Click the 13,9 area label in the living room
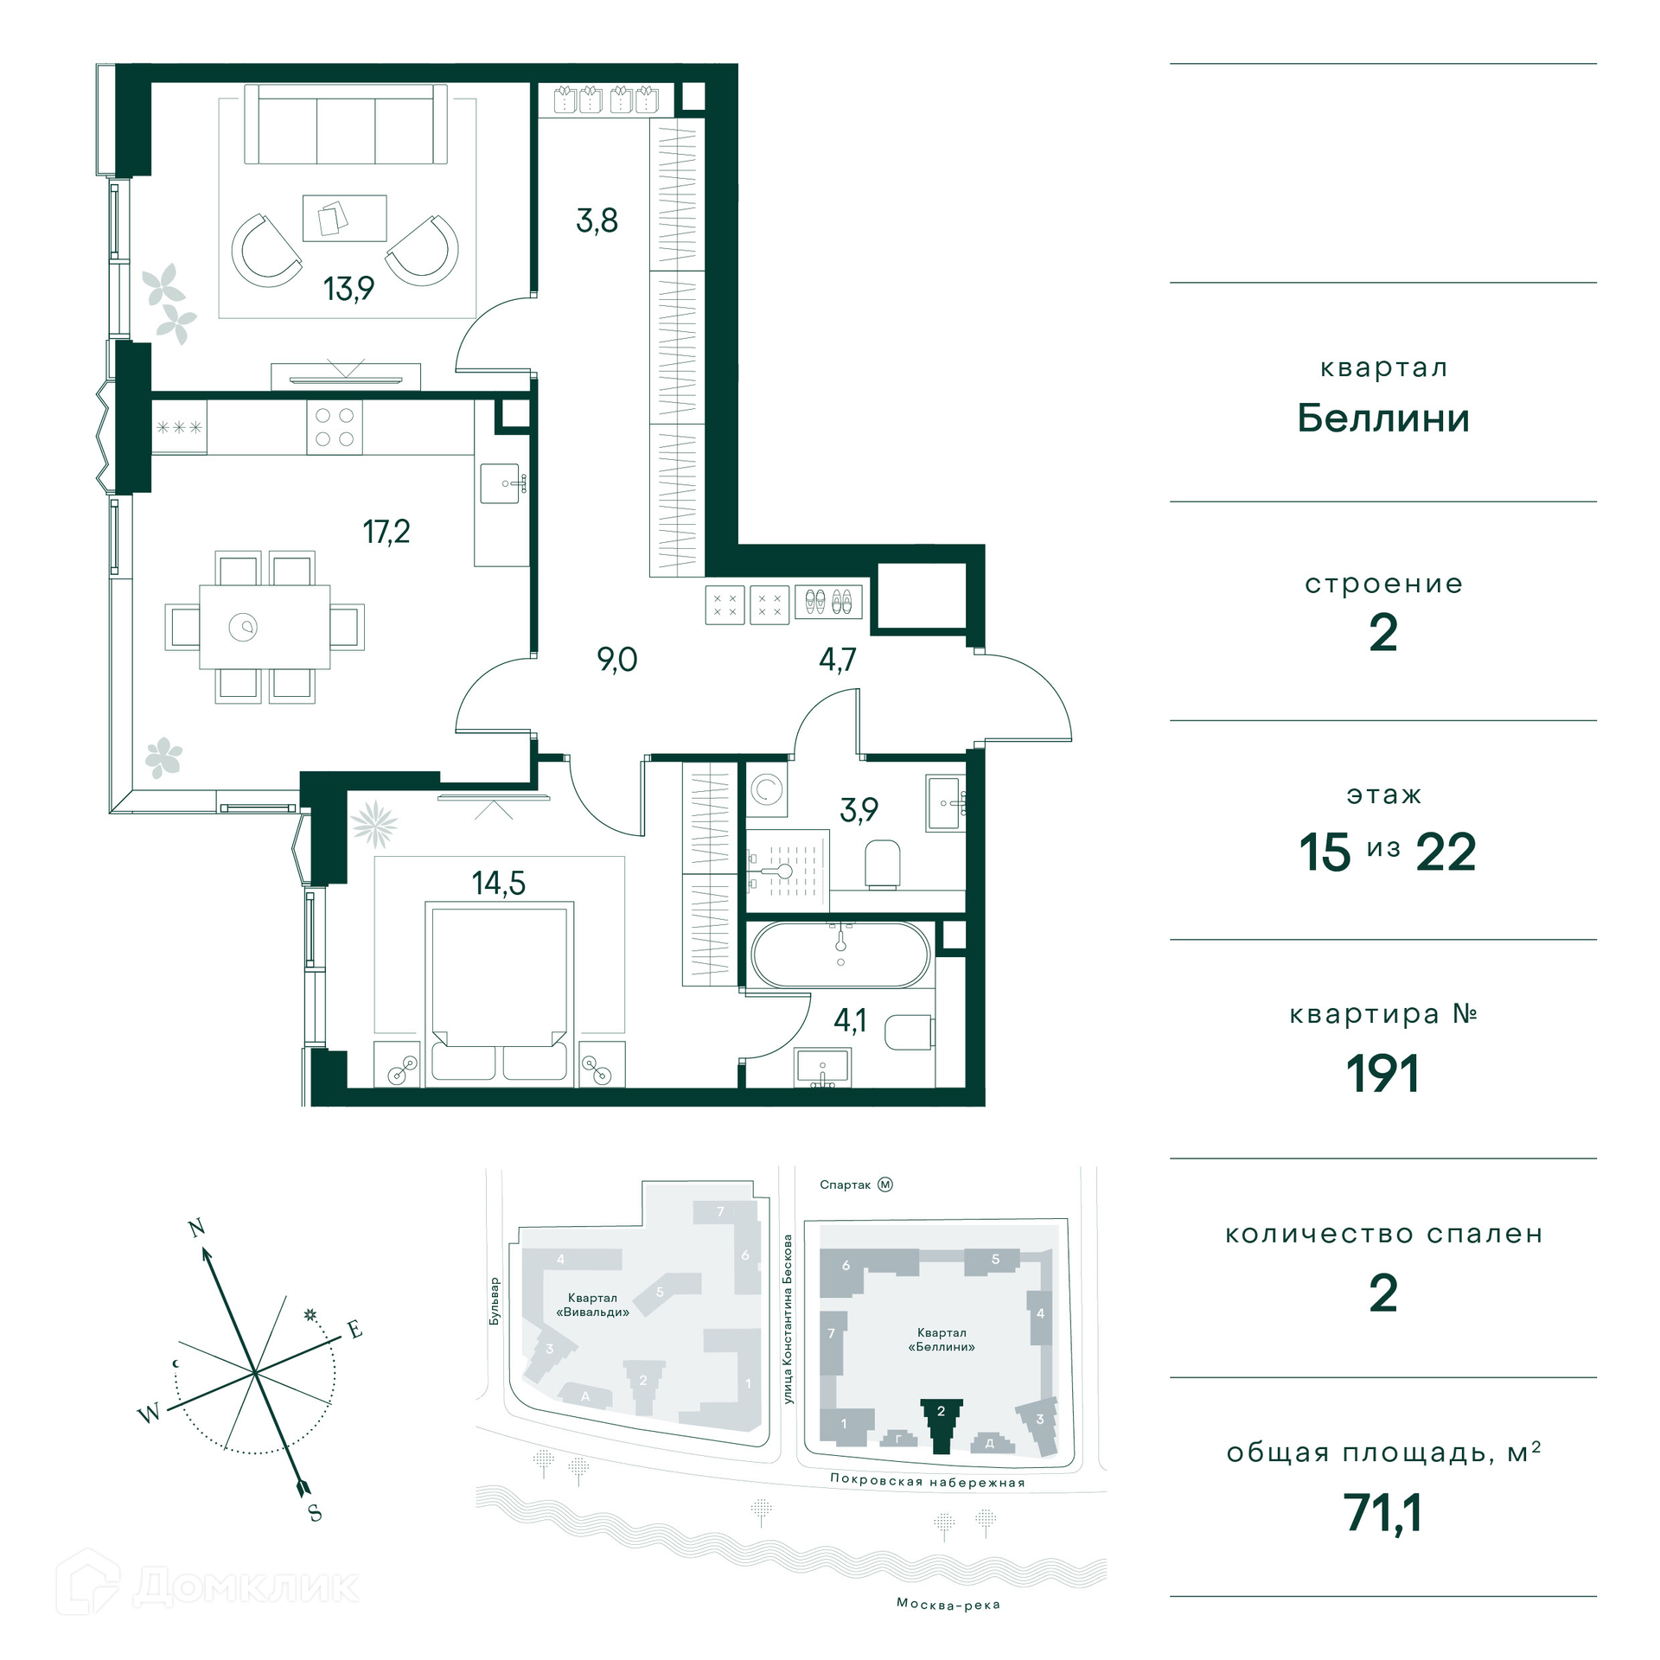click(348, 289)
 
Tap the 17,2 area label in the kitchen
click(386, 532)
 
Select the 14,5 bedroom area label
click(498, 883)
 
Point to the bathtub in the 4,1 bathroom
click(840, 954)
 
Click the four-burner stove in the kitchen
click(335, 427)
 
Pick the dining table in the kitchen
click(265, 627)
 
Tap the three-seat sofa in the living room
click(346, 124)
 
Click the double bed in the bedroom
click(499, 991)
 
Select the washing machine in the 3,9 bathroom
click(767, 789)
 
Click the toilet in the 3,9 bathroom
click(883, 864)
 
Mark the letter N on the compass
click(196, 1228)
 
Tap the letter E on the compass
click(354, 1330)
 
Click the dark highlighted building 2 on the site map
click(941, 1425)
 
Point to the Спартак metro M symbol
click(885, 1184)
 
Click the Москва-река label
click(948, 1605)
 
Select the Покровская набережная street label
click(928, 1481)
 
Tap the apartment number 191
click(1382, 1074)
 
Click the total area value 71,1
click(1382, 1513)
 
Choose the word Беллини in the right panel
click(1383, 418)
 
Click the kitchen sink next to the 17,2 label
click(503, 483)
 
